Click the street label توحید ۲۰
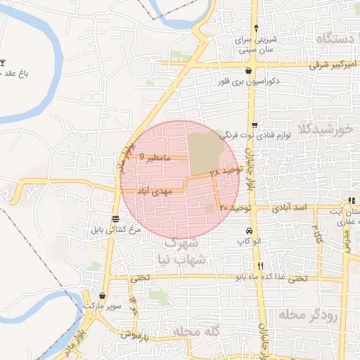[x=235, y=208]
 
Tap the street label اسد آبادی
[x=291, y=209]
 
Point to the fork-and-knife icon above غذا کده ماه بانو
[x=261, y=266]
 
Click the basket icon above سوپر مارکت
[x=103, y=296]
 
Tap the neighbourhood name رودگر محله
[x=307, y=314]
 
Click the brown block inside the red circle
[x=203, y=150]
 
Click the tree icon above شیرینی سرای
[x=256, y=29]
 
